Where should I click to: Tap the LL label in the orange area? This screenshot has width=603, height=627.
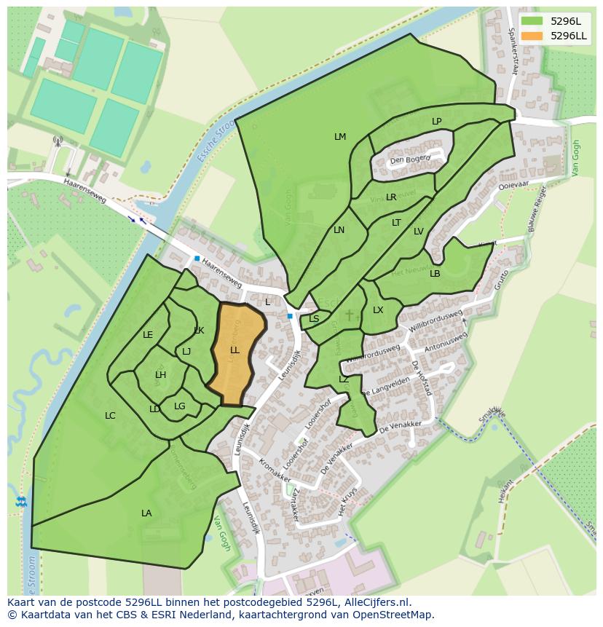point(234,350)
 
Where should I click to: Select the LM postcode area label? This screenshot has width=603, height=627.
point(340,137)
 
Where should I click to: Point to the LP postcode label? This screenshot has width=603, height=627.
point(436,122)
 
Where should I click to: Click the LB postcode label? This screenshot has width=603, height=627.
point(435,274)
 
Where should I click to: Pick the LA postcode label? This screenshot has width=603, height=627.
point(146,513)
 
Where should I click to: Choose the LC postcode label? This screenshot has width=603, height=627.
point(110,416)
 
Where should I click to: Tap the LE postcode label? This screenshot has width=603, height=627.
point(148,335)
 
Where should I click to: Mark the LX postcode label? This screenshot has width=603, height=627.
point(378,310)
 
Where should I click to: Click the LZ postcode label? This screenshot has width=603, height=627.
point(344,379)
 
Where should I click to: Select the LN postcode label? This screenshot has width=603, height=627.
point(339,230)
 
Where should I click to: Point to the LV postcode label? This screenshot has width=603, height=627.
point(419,232)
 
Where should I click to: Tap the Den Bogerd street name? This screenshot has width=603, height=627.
point(410,159)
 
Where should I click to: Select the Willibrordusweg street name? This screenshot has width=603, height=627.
point(436,321)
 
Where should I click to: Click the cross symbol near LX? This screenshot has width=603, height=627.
point(350,315)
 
